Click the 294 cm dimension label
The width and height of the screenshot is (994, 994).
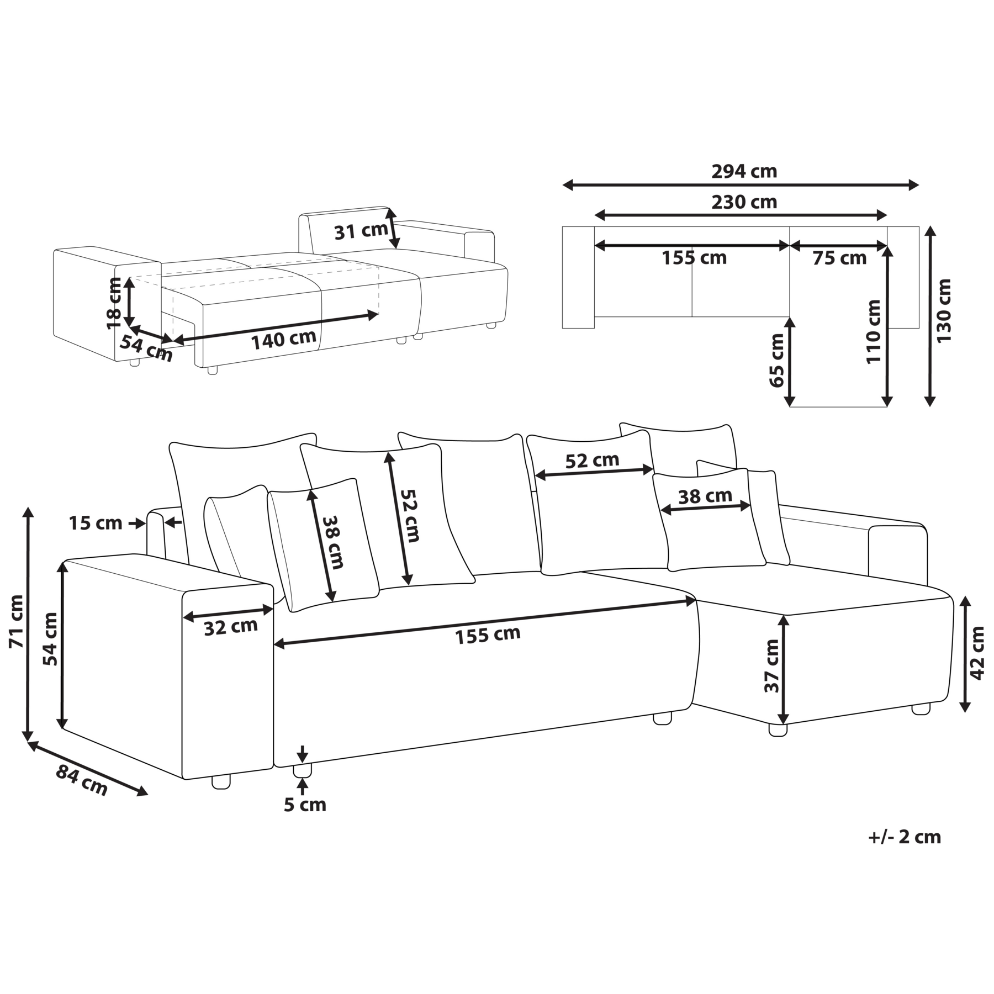tap(744, 172)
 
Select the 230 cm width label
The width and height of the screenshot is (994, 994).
tap(744, 202)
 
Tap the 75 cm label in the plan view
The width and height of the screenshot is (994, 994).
tap(839, 258)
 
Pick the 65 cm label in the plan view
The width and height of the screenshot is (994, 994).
tap(776, 360)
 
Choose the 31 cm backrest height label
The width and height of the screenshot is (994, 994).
tap(361, 231)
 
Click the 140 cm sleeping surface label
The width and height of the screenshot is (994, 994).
tap(284, 340)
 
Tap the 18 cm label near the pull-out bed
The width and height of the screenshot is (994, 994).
tap(113, 303)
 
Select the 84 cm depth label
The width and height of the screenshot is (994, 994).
tap(82, 780)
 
